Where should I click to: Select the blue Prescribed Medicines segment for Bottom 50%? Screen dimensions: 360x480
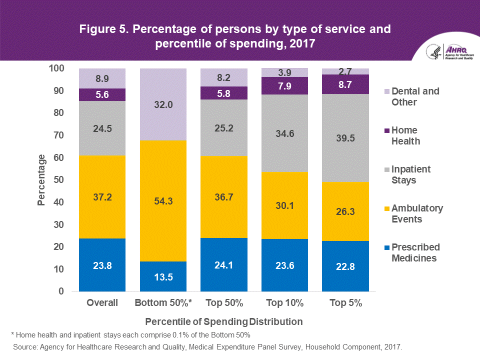tap(163, 276)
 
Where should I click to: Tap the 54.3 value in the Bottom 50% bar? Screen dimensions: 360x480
tap(163, 201)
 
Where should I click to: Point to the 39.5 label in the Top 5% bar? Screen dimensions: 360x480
tap(345, 138)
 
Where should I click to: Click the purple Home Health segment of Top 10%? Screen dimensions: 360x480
tap(285, 85)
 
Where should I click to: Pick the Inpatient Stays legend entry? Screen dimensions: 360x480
tap(411, 174)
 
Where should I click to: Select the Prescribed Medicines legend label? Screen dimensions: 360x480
tap(415, 252)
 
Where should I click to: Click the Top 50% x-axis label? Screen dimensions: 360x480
tap(224, 303)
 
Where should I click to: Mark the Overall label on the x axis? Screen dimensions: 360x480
tap(102, 303)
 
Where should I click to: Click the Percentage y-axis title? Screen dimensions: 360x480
tap(42, 180)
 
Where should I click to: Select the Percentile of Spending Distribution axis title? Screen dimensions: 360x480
tap(223, 321)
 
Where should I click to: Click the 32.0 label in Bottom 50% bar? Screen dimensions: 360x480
tap(163, 105)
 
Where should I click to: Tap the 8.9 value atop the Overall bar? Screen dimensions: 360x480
tap(102, 78)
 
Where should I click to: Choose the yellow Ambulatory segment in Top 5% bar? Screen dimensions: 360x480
tap(345, 211)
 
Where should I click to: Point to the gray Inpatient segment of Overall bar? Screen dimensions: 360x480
tap(102, 128)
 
